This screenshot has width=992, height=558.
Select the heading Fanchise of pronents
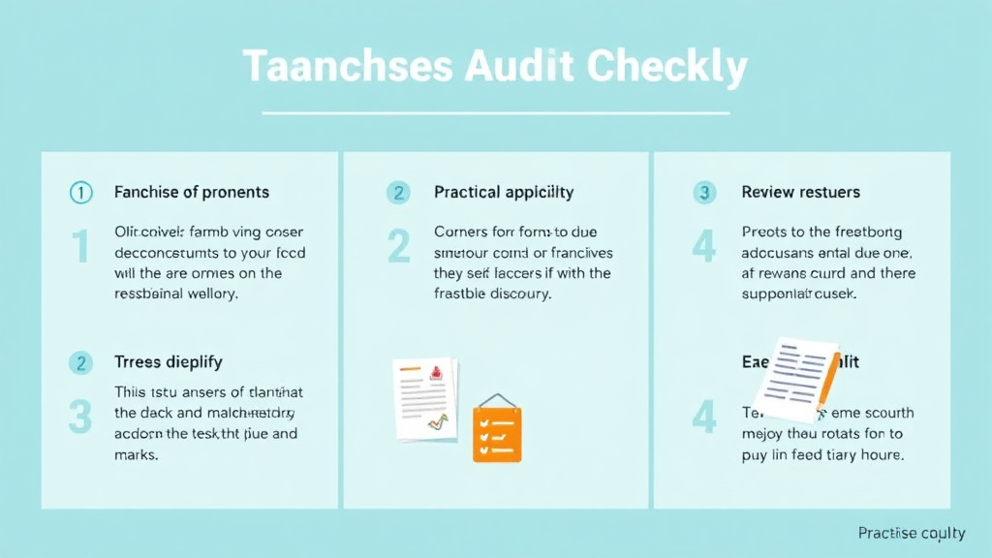[x=192, y=192]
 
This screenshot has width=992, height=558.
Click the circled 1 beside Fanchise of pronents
[x=80, y=193]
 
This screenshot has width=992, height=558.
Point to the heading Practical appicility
[x=504, y=192]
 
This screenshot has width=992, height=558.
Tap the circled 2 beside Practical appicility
[x=398, y=193]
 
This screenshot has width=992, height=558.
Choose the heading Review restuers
[x=801, y=192]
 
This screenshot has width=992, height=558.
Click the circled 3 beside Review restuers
[x=704, y=193]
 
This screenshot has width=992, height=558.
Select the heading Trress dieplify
[x=169, y=362]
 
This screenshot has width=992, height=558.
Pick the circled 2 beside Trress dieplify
[x=80, y=363]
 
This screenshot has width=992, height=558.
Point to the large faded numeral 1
[x=80, y=247]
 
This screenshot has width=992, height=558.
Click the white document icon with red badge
[x=424, y=398]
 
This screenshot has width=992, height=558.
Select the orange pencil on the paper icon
[x=826, y=383]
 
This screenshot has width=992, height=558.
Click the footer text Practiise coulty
[x=912, y=533]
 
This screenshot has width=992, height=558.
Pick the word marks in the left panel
[x=136, y=454]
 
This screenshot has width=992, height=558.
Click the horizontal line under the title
[x=496, y=113]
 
